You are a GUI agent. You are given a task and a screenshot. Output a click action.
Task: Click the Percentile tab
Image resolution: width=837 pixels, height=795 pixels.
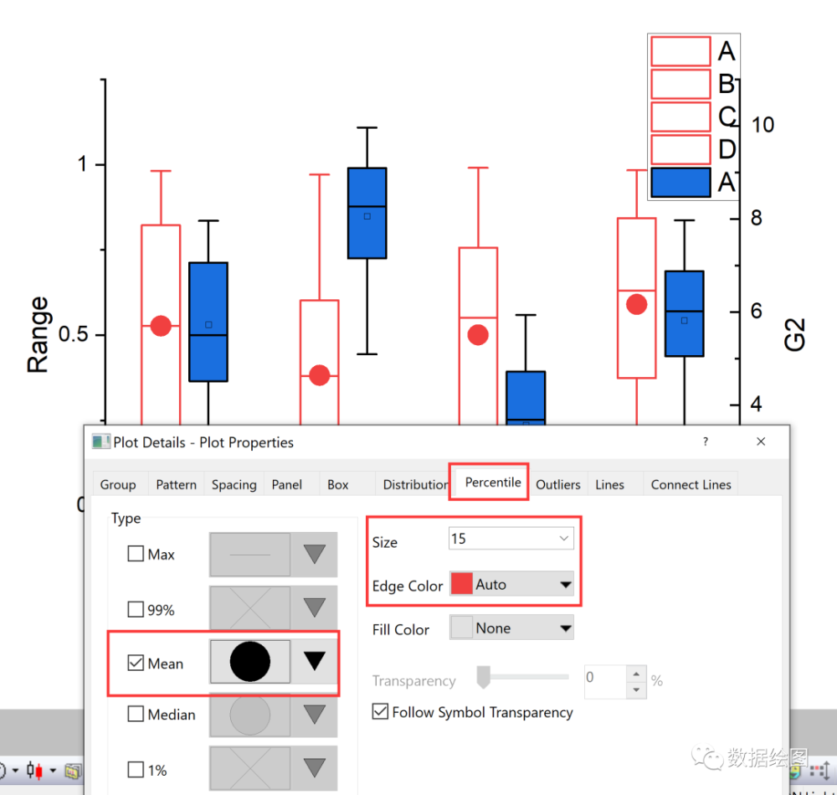pyautogui.click(x=492, y=483)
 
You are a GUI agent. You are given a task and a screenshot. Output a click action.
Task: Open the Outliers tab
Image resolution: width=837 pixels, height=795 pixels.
pyautogui.click(x=557, y=484)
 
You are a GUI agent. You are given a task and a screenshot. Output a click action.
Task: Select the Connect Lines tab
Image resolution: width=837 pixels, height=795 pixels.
pyautogui.click(x=691, y=484)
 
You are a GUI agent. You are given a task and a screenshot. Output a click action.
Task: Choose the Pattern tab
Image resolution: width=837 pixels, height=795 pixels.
pyautogui.click(x=176, y=484)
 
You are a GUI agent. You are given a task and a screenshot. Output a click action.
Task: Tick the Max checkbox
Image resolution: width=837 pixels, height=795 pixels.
pyautogui.click(x=136, y=554)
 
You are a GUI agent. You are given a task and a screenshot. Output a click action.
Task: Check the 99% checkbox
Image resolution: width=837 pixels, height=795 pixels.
pyautogui.click(x=136, y=609)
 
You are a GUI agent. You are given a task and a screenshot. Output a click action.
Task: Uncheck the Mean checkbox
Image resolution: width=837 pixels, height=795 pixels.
pyautogui.click(x=136, y=663)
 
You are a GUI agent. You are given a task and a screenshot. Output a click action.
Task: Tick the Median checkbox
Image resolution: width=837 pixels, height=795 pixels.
pyautogui.click(x=136, y=714)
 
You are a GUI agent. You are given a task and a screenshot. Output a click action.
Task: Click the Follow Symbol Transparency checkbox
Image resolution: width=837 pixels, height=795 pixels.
pyautogui.click(x=380, y=712)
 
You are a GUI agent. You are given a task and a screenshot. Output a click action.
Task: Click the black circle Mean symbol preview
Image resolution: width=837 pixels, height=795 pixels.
pyautogui.click(x=249, y=662)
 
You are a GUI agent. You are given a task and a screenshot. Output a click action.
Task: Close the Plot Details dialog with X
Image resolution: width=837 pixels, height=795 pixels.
pyautogui.click(x=760, y=441)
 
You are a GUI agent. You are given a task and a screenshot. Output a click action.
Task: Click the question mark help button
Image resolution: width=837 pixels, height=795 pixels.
pyautogui.click(x=705, y=441)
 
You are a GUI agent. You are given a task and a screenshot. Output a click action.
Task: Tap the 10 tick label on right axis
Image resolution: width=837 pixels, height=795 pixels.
pyautogui.click(x=763, y=125)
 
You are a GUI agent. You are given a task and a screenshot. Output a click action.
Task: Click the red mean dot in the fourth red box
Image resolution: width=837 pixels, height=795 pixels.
pyautogui.click(x=637, y=304)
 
